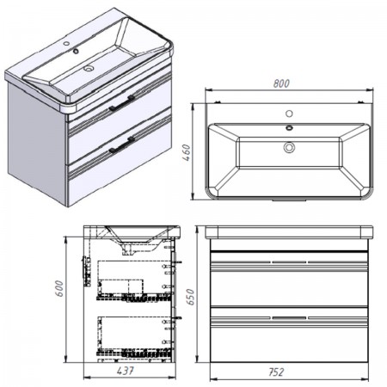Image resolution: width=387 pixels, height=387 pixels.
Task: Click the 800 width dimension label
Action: click(x=281, y=83)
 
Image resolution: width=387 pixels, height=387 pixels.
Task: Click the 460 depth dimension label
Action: click(x=187, y=153)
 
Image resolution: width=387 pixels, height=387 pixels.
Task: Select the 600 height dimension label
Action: click(x=58, y=288)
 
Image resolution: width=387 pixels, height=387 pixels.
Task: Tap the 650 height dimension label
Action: click(x=190, y=297)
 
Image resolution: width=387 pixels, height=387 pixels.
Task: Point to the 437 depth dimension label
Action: click(x=126, y=371)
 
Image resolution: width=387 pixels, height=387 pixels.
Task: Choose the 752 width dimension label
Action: click(x=276, y=372)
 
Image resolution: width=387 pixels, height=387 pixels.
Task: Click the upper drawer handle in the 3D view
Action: click(x=121, y=102)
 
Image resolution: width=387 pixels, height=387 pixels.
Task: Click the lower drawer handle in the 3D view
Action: click(x=121, y=145)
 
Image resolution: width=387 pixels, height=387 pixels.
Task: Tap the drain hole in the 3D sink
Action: click(x=89, y=69)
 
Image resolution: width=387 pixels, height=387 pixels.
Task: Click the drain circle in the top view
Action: click(x=289, y=147)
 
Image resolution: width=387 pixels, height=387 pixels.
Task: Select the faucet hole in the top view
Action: click(x=289, y=114)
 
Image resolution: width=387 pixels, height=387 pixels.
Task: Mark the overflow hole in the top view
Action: click(x=289, y=127)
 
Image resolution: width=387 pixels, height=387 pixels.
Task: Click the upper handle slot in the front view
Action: click(x=289, y=262)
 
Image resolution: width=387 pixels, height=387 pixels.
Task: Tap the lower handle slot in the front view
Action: click(x=289, y=317)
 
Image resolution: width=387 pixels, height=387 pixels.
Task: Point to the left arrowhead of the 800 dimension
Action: click(x=209, y=90)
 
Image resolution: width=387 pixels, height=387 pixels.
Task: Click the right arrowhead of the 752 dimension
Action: click(x=365, y=379)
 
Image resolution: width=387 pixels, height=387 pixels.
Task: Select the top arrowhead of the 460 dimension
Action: click(x=193, y=107)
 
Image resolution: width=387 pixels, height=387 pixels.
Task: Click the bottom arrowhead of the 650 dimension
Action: click(x=197, y=359)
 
